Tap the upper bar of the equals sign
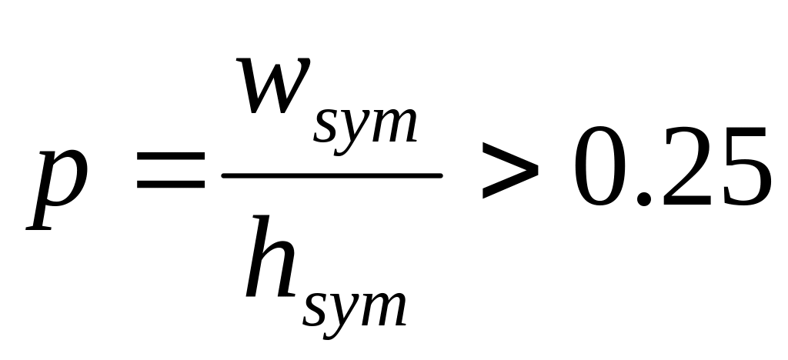[x=170, y=165]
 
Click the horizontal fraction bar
[x=331, y=175]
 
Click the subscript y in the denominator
[x=343, y=310]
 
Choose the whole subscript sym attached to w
[x=363, y=127]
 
